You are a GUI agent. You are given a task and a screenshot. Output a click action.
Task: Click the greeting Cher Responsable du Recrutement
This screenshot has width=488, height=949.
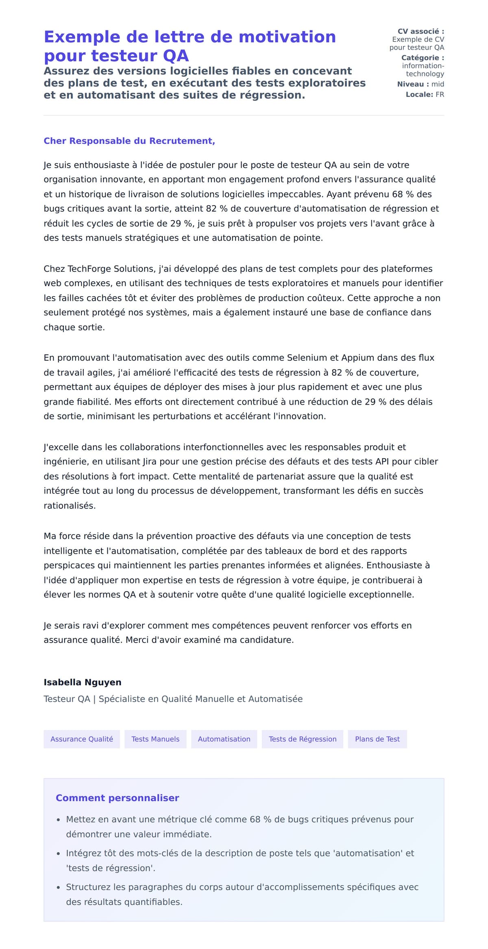pyautogui.click(x=129, y=141)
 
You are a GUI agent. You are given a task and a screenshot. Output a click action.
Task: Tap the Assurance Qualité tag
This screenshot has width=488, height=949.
pyautogui.click(x=82, y=739)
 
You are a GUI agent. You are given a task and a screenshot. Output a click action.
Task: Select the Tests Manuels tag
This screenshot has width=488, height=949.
pyautogui.click(x=155, y=739)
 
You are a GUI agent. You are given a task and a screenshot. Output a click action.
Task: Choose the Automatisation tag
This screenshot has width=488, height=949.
pyautogui.click(x=224, y=739)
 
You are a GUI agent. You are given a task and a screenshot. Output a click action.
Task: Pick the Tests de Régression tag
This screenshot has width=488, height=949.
pyautogui.click(x=303, y=739)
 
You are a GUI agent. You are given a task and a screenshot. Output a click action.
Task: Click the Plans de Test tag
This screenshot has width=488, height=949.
pyautogui.click(x=377, y=739)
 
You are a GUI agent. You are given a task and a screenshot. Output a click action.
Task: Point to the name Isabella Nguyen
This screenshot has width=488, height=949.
pyautogui.click(x=83, y=682)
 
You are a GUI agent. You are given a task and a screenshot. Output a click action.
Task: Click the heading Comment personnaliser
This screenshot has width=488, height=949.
pyautogui.click(x=117, y=798)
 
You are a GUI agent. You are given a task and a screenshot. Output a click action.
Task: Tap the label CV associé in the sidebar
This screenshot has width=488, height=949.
pyautogui.click(x=420, y=31)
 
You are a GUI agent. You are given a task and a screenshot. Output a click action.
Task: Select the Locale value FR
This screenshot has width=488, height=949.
pyautogui.click(x=440, y=95)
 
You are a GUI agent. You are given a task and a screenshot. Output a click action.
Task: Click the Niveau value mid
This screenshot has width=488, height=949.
pyautogui.click(x=438, y=84)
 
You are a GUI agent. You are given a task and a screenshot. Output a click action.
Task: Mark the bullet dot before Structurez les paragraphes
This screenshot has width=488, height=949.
pyautogui.click(x=59, y=888)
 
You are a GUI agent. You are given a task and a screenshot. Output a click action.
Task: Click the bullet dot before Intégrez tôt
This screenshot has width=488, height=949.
pyautogui.click(x=59, y=854)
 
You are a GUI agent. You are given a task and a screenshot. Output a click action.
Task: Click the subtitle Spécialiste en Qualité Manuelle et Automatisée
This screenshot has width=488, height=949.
pyautogui.click(x=200, y=699)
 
